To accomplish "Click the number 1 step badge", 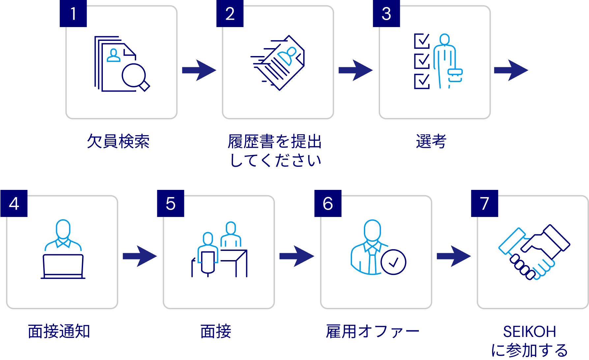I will point(73,14).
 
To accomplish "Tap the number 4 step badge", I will point(14,203).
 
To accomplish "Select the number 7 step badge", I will point(484,203).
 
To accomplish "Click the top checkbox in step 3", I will point(422,41).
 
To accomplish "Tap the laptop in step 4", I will point(63,266).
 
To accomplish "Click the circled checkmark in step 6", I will point(393,262).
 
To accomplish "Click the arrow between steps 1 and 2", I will point(199,70).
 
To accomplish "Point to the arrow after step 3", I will point(511,70).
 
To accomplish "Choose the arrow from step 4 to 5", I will point(140,256).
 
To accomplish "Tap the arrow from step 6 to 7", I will point(454,256).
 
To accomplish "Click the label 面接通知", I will point(59,331).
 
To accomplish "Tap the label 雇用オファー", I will point(372,331).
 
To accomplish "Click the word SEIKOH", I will point(529,331).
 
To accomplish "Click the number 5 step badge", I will point(170,203).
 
